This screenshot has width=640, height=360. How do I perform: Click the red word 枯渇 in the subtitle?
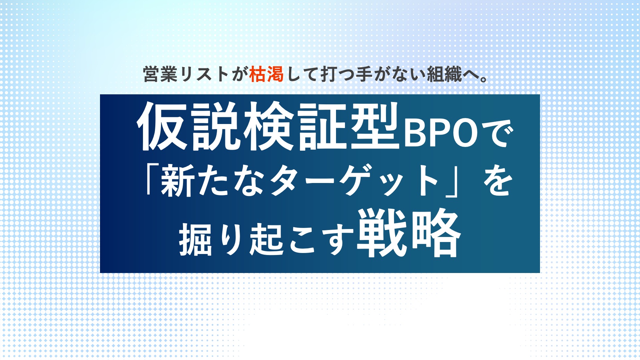pyautogui.click(x=266, y=74)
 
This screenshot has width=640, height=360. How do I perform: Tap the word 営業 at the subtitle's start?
pyautogui.click(x=160, y=74)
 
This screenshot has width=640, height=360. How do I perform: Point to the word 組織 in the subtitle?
pyautogui.click(x=444, y=74)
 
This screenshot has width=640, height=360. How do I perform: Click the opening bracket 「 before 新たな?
pyautogui.click(x=152, y=179)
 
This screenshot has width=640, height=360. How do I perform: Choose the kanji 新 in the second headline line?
pyautogui.click(x=177, y=180)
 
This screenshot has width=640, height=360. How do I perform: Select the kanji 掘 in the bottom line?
pyautogui.click(x=196, y=239)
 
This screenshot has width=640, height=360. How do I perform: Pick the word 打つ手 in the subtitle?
pyautogui.click(x=346, y=74)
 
